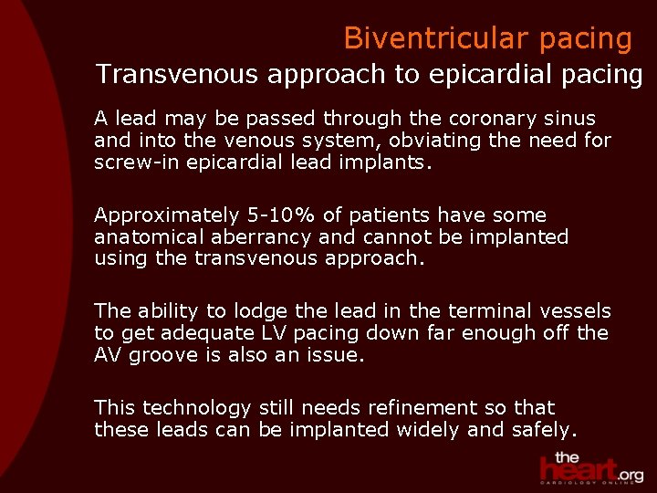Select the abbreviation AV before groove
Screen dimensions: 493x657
pyautogui.click(x=108, y=356)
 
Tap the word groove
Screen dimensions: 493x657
pyautogui.click(x=164, y=356)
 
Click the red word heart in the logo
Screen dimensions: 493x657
pyautogui.click(x=577, y=469)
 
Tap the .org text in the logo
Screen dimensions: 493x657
pyautogui.click(x=630, y=475)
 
